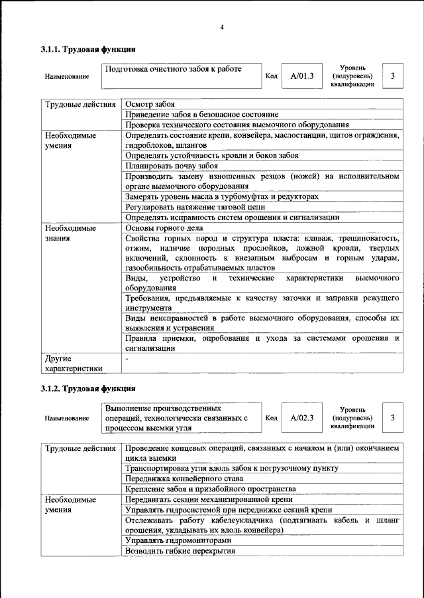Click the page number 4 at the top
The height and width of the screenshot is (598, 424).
pyautogui.click(x=222, y=27)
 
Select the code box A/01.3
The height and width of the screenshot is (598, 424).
pyautogui.click(x=301, y=76)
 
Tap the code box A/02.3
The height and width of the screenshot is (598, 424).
pyautogui.click(x=301, y=418)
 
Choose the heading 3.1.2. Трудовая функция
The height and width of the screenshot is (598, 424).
pyautogui.click(x=88, y=388)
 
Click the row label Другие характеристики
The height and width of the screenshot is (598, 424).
pyautogui.click(x=74, y=364)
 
